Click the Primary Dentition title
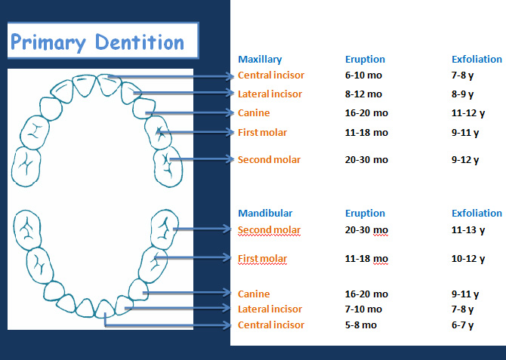click(97, 42)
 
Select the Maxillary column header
click(260, 60)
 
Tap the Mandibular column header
click(265, 214)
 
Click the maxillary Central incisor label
click(271, 75)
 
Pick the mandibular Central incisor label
click(271, 325)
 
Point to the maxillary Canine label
click(254, 113)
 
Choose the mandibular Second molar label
click(269, 230)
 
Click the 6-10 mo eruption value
click(363, 75)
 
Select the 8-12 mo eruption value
click(363, 94)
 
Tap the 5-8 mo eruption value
click(361, 325)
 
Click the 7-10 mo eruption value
click(363, 309)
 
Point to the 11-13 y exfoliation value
click(468, 230)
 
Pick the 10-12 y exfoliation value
click(468, 259)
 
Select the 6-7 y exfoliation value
click(462, 325)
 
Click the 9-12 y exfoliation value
click(465, 160)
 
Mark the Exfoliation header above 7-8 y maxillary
click(477, 60)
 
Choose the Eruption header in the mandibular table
click(365, 214)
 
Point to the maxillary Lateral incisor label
click(270, 94)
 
